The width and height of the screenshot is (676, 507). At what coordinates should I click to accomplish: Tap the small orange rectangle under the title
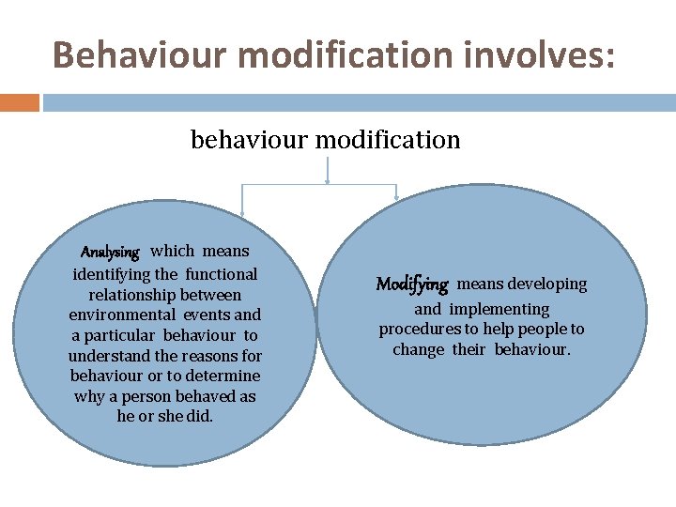click(19, 101)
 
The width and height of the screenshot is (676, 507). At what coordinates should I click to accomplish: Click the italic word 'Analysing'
click(110, 253)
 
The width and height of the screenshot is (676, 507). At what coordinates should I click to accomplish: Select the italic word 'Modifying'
click(412, 284)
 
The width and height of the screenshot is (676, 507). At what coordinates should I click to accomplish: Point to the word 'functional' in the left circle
click(221, 274)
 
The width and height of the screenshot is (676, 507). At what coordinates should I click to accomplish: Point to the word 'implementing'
click(499, 309)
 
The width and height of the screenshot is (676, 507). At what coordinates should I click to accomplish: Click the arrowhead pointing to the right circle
click(397, 195)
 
